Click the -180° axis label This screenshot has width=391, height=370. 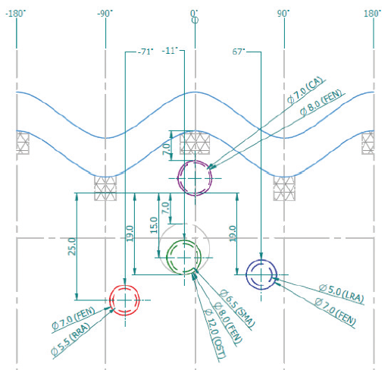(16, 14)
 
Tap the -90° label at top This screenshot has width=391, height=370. (105, 14)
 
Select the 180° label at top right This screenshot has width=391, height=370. (373, 14)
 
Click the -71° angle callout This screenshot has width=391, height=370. (145, 52)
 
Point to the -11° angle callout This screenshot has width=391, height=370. (170, 51)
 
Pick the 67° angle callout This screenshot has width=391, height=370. (239, 52)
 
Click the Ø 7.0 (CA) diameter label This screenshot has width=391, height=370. (305, 90)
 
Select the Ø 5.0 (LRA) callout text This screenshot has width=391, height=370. (341, 293)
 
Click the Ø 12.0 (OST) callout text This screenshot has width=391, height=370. (214, 334)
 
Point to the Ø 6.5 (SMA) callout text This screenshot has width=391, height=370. (237, 308)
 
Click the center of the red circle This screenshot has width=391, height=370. (125, 300)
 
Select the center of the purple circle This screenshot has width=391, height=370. (195, 178)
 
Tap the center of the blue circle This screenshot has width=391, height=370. (261, 274)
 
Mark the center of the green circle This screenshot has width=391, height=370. (184, 258)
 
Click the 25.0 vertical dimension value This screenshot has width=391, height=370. (72, 246)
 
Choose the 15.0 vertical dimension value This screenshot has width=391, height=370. (154, 225)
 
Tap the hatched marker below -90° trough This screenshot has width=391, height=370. (105, 188)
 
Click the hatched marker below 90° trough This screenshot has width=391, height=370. (284, 189)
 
